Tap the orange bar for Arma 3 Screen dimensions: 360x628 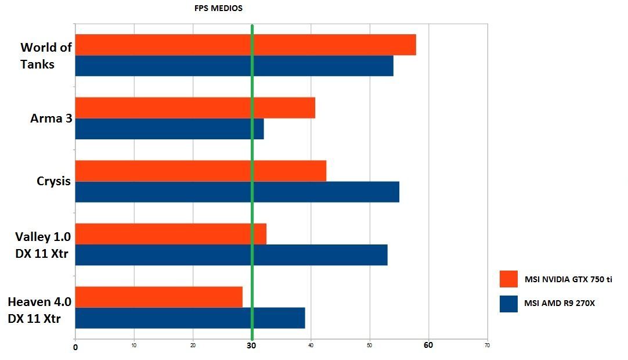coord(195,107)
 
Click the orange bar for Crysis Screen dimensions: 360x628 coord(201,171)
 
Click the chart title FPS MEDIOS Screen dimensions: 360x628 coord(218,9)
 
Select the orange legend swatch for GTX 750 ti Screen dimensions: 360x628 coord(508,279)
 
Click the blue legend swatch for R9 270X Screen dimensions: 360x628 coord(508,304)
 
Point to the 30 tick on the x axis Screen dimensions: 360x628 coord(251,345)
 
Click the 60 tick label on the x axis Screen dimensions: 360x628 coord(428,345)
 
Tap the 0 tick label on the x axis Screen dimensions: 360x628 coord(75,347)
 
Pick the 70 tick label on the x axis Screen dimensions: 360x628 coord(487,345)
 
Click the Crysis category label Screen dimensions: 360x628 coord(53,181)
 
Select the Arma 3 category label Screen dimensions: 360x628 coord(52,118)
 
